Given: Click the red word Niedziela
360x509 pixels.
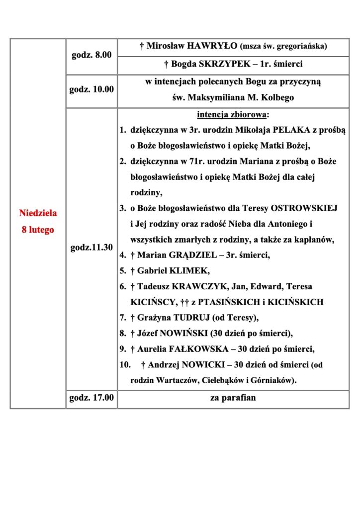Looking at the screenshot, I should pos(38,213).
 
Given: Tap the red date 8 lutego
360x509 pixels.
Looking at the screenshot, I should pos(38,230).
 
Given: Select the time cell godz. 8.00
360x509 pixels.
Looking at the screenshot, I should pos(91,55).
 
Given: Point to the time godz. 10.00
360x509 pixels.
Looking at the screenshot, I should pos(91,90).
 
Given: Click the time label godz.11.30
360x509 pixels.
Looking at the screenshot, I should pos(91,247).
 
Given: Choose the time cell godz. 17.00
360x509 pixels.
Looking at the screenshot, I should pos(91,398).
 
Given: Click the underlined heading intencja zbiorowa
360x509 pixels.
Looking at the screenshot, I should pos(232,115).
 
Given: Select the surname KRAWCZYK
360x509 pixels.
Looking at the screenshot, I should pos(195,286).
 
